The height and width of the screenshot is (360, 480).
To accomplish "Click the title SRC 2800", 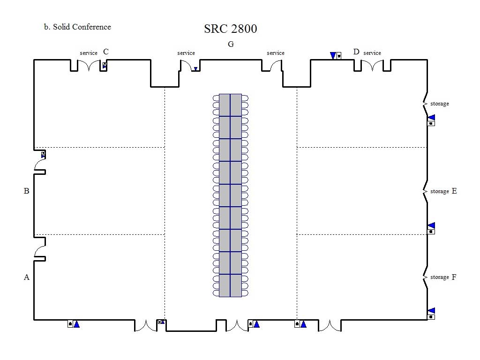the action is click(x=231, y=29).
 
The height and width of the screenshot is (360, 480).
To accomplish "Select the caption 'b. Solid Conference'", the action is click(x=77, y=27).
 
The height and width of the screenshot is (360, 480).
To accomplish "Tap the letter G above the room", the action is click(x=231, y=45).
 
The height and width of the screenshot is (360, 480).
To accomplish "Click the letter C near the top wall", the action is click(x=106, y=52).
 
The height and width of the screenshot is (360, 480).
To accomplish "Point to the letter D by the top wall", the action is click(x=356, y=52).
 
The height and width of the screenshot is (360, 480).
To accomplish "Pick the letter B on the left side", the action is click(x=27, y=191).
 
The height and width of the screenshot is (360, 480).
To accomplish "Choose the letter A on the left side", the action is click(x=27, y=277).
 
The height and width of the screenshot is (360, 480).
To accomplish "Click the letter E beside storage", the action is click(x=454, y=191).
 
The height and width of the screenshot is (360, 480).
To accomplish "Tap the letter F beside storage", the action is click(x=454, y=277).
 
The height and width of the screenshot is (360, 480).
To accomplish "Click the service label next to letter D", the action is click(x=372, y=53).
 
